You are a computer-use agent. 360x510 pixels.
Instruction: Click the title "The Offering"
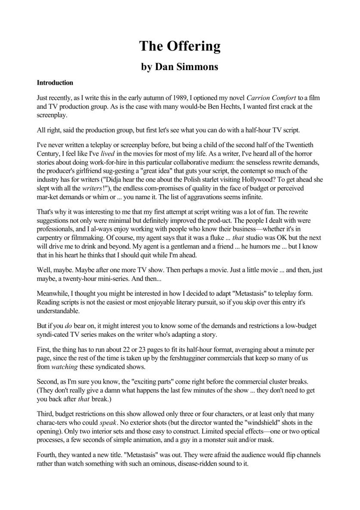pyautogui.click(x=180, y=46)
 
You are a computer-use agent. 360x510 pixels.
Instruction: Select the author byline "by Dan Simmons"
pyautogui.click(x=180, y=67)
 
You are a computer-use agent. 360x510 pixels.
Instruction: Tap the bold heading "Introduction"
pyautogui.click(x=55, y=83)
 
